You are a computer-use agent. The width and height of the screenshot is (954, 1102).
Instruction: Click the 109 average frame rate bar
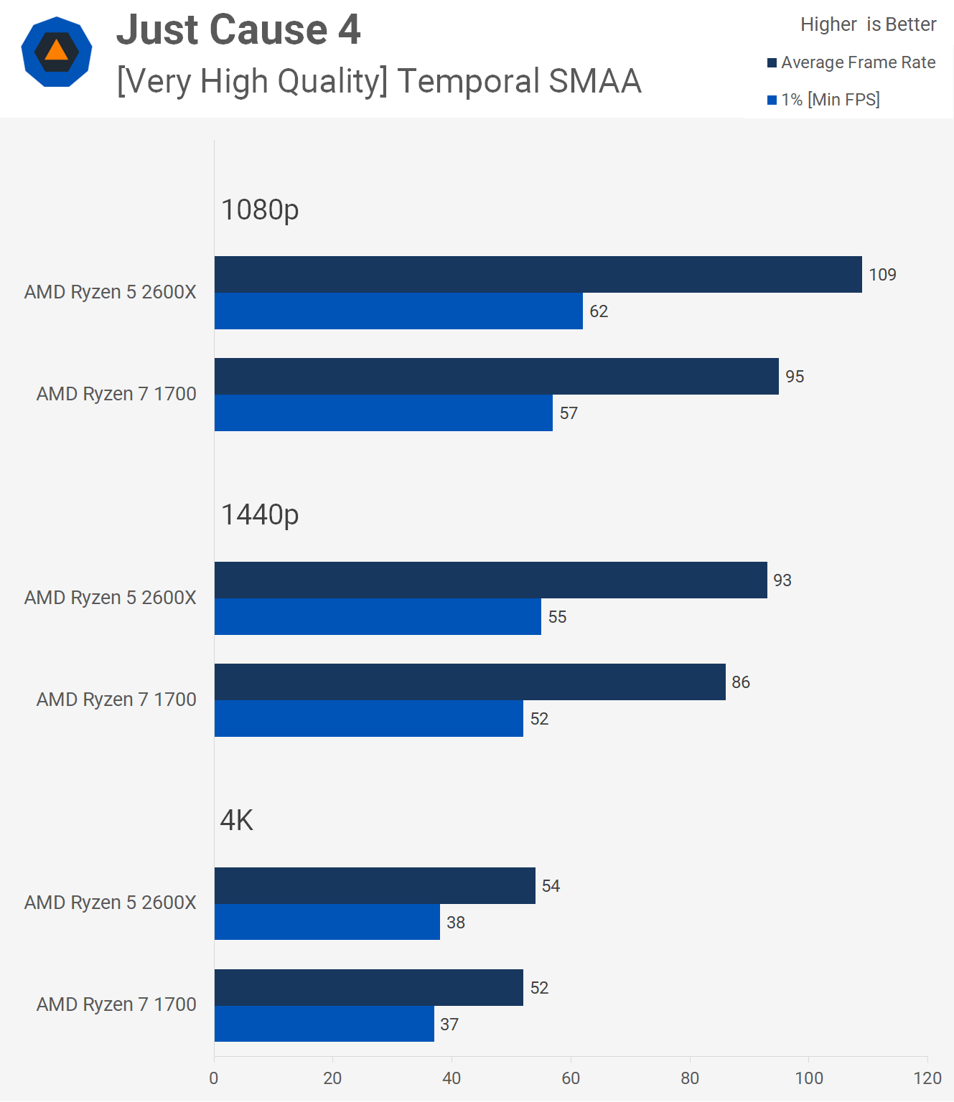pos(538,274)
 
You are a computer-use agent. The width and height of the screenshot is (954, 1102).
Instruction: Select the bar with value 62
pos(398,311)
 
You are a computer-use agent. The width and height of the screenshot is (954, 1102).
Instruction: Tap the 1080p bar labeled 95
pos(496,376)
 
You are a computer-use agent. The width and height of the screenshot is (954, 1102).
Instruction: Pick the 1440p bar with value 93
pos(490,580)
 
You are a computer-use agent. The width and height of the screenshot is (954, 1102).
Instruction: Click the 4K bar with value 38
pos(327,922)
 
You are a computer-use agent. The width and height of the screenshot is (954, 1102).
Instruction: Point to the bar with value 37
pos(324,1024)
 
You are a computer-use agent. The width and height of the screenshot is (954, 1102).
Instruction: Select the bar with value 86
pos(469,682)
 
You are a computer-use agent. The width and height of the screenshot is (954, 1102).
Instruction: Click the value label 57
pos(569,413)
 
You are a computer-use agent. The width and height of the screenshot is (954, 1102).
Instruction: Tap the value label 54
pos(551,886)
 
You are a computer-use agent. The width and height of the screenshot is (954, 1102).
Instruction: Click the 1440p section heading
pos(259,514)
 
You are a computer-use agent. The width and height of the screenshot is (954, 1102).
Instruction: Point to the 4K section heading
pos(236,820)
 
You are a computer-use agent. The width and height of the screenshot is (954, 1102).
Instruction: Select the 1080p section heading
pos(259,209)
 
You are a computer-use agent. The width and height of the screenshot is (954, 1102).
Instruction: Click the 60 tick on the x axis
pos(571,1078)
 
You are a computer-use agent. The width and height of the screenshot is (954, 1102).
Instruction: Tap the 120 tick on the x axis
pos(927,1078)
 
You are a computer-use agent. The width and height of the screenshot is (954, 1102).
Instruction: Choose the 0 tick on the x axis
pos(214,1078)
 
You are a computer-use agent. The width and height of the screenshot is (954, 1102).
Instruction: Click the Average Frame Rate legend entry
pos(851,62)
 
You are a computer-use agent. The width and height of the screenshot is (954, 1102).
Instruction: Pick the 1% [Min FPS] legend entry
pos(823,100)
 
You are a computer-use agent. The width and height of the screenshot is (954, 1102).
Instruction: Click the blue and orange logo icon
pos(57,52)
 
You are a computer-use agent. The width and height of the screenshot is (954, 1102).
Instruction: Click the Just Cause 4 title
pos(238,30)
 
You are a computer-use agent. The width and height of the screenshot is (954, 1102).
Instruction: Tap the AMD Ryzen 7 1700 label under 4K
pos(116,1004)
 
